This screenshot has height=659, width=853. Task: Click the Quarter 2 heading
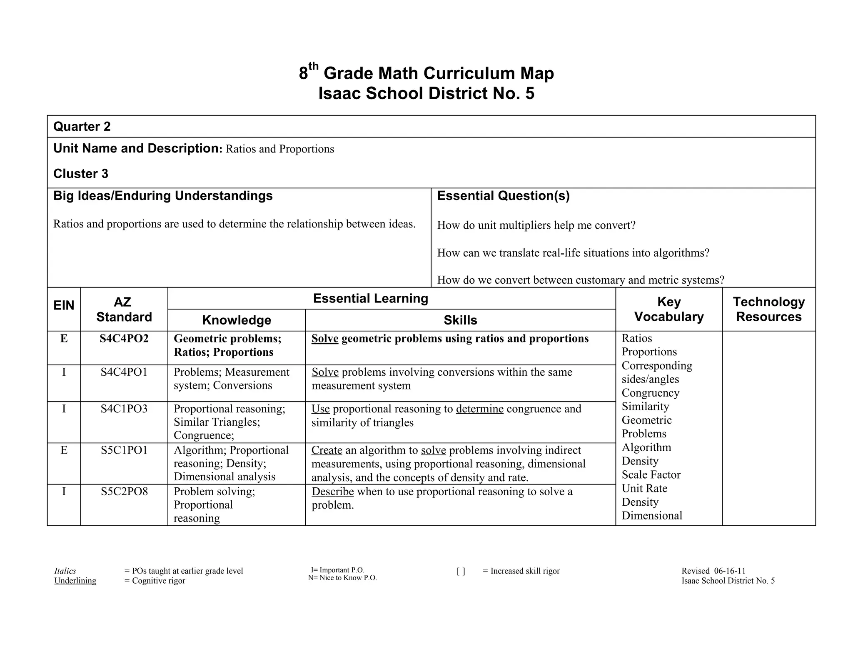point(82,127)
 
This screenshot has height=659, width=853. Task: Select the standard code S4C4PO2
point(124,339)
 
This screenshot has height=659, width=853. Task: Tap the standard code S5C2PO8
point(124,492)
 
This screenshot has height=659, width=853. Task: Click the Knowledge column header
point(236,320)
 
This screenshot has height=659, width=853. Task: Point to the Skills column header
point(460,320)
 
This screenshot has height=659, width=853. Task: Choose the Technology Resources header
point(768,309)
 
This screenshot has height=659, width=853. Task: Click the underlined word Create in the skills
point(327,450)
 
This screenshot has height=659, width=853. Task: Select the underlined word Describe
point(332,492)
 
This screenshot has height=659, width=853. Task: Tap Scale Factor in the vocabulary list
point(651,475)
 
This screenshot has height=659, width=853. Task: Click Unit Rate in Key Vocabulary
point(644,488)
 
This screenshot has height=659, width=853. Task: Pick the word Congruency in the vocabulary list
point(650,393)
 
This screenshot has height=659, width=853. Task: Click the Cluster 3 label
point(81,174)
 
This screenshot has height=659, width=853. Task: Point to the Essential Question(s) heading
point(503,196)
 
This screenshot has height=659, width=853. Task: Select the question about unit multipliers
point(536,225)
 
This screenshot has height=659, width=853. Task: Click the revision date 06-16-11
point(730,571)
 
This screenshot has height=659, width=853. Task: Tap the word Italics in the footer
point(65,571)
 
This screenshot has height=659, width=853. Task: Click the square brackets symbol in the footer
point(461,571)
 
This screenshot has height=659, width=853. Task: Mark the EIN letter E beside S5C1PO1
point(64,450)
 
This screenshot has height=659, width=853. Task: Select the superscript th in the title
point(313,66)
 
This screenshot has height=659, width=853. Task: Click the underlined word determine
point(479,409)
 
